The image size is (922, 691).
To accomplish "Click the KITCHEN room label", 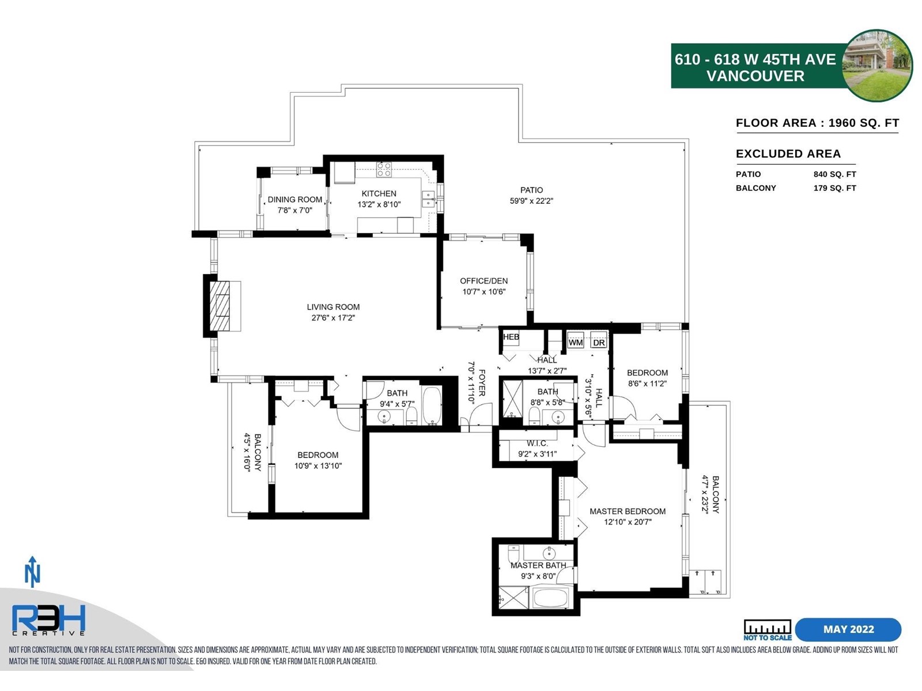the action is pyautogui.click(x=379, y=193).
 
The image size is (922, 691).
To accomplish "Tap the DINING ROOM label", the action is pyautogui.click(x=295, y=200).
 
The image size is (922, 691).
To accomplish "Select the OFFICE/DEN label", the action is pyautogui.click(x=483, y=281).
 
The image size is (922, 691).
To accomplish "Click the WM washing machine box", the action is pyautogui.click(x=576, y=342).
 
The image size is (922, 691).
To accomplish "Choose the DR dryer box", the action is pyautogui.click(x=599, y=342).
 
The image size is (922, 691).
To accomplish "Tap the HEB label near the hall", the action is pyautogui.click(x=511, y=337).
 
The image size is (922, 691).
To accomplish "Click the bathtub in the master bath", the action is pyautogui.click(x=551, y=598).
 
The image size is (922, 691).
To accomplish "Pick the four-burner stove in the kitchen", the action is pyautogui.click(x=384, y=169).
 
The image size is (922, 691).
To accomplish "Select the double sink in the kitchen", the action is pyautogui.click(x=429, y=199).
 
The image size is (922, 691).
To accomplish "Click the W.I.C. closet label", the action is pyautogui.click(x=537, y=443).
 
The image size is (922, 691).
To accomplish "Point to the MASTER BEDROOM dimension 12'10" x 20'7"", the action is pyautogui.click(x=628, y=522).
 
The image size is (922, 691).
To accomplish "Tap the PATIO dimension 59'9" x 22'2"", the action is pyautogui.click(x=531, y=201).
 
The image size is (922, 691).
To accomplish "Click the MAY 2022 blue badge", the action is pyautogui.click(x=848, y=629).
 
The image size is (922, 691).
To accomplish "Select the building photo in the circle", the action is pyautogui.click(x=878, y=66).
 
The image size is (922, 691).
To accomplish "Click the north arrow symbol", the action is pyautogui.click(x=32, y=572).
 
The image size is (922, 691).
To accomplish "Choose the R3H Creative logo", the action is pyautogui.click(x=49, y=620).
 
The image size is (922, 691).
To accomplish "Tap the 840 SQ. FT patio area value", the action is pyautogui.click(x=834, y=174).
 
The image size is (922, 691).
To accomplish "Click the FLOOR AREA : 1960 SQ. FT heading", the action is pyautogui.click(x=817, y=123).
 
